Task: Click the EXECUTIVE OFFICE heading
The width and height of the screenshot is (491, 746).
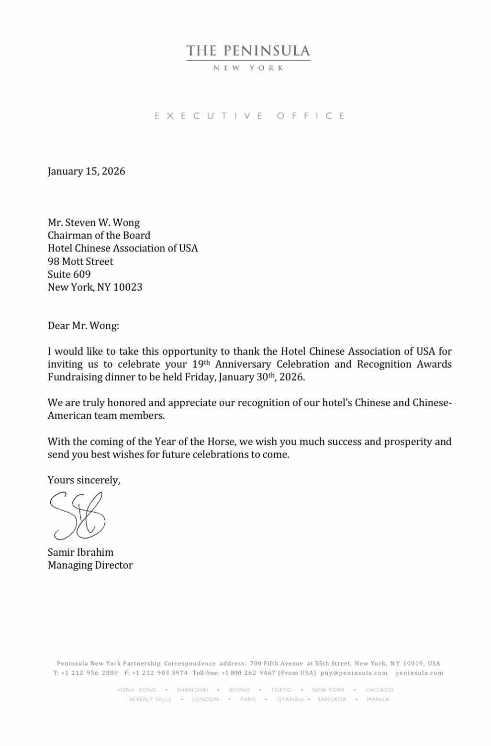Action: (x=249, y=116)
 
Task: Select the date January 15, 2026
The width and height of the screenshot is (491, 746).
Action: (x=86, y=171)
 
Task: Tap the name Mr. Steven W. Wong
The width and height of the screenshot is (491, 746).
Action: (x=94, y=222)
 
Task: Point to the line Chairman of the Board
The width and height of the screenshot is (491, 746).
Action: (x=99, y=235)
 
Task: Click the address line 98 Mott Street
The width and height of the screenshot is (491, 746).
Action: (x=80, y=262)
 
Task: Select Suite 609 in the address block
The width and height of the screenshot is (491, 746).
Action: (x=69, y=274)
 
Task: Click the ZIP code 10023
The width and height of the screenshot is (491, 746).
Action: (x=128, y=287)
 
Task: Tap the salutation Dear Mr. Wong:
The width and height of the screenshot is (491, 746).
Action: (x=83, y=326)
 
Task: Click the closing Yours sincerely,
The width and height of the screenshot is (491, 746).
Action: (x=84, y=480)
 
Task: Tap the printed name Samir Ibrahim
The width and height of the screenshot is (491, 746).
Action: (x=80, y=552)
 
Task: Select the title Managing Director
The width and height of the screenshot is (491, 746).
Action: (x=90, y=565)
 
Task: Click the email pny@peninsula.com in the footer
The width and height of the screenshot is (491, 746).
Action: (x=354, y=673)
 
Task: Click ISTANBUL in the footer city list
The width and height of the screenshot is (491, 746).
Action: (x=290, y=699)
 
